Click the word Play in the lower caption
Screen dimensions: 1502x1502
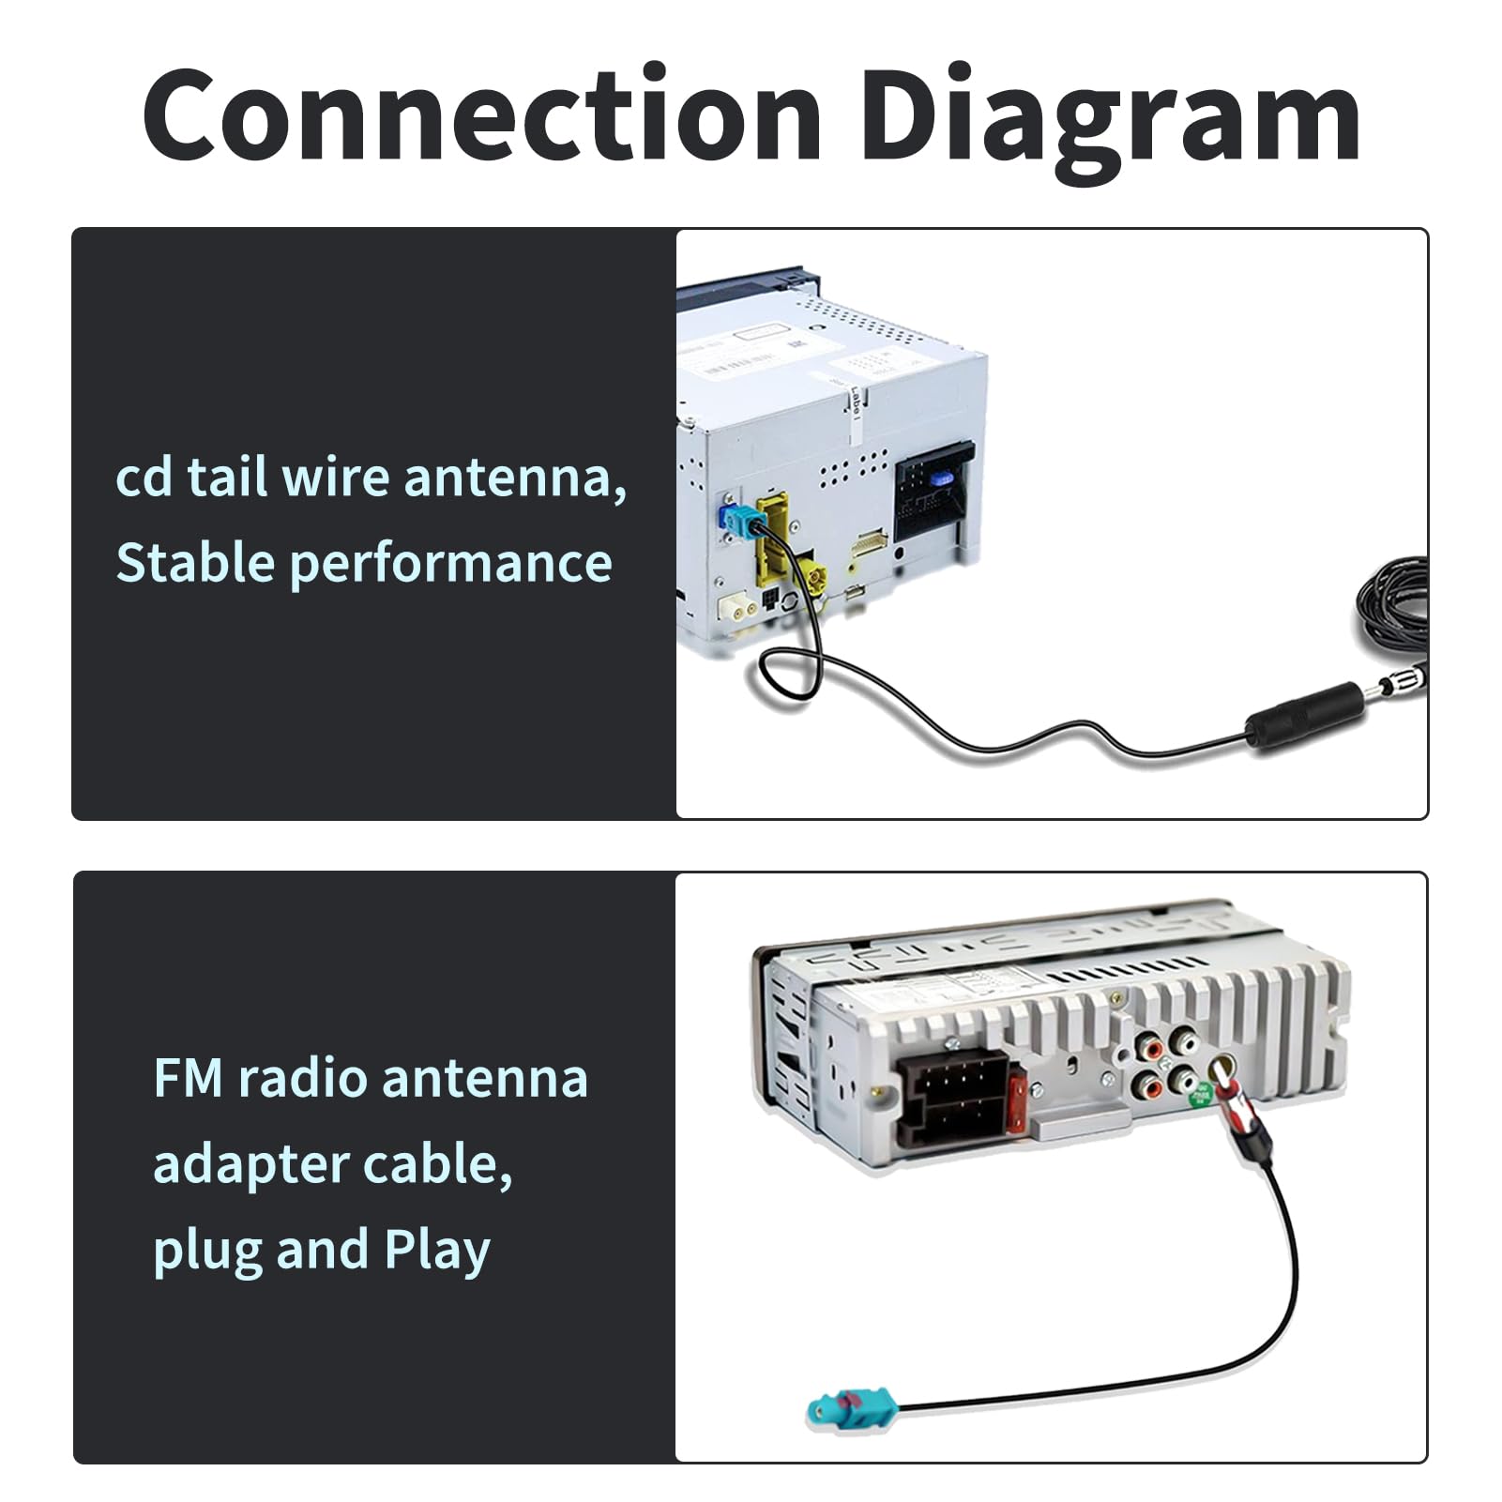437,1252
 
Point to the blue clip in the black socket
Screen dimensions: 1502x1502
940,478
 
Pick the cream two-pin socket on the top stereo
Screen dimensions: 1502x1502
738,610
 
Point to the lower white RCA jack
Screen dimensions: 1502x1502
1184,1080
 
